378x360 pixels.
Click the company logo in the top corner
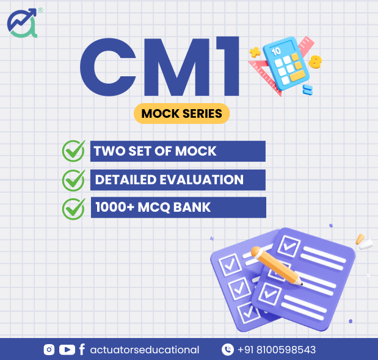click(23, 23)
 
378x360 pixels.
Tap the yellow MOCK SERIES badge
click(181, 113)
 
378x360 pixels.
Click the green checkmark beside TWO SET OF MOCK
click(73, 151)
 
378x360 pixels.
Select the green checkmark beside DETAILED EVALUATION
click(73, 180)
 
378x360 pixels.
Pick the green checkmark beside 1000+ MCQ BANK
click(73, 209)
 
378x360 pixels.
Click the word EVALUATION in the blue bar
click(202, 179)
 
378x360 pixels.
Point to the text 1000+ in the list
click(115, 207)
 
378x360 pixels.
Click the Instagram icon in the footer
click(49, 350)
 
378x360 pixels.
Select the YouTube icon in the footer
click(67, 350)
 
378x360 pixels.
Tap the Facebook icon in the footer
click(82, 350)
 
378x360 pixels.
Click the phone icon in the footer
click(228, 350)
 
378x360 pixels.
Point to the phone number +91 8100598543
click(277, 350)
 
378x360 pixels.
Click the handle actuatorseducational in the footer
click(145, 350)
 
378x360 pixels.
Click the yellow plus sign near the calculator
click(255, 52)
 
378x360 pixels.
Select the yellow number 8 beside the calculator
click(315, 62)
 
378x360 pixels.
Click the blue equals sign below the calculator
click(308, 90)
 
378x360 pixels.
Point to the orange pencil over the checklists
click(277, 265)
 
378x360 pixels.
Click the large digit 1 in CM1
click(228, 67)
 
